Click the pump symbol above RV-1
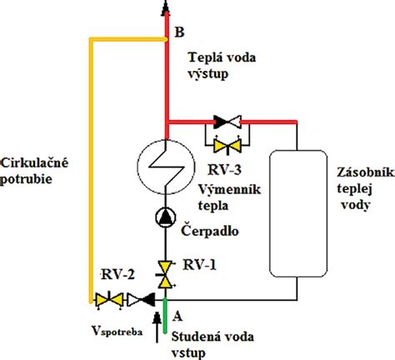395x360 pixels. coord(167,218)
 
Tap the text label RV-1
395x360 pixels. coord(201,266)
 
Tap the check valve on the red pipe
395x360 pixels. coord(225,121)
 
